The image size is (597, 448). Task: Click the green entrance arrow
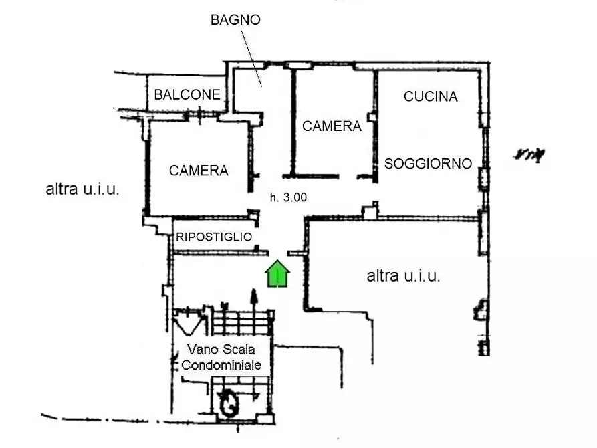pos(278,274)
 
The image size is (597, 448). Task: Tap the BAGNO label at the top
pos(235,20)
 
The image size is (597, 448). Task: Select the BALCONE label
pos(187,95)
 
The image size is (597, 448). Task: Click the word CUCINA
pos(431,96)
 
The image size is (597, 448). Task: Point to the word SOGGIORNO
pos(428,164)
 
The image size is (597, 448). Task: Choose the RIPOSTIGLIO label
pos(214,237)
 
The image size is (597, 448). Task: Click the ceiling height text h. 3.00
pos(288,197)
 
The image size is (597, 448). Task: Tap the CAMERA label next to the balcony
pos(199,171)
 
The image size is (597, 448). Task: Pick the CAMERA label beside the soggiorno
pos(332,126)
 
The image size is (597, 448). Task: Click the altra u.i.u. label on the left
pos(83,189)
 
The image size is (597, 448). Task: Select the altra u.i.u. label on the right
pos(403,275)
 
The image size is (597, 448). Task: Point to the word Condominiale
pos(221,365)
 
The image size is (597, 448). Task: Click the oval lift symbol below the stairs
pos(229,403)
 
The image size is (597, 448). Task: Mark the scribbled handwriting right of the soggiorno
pos(529,155)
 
